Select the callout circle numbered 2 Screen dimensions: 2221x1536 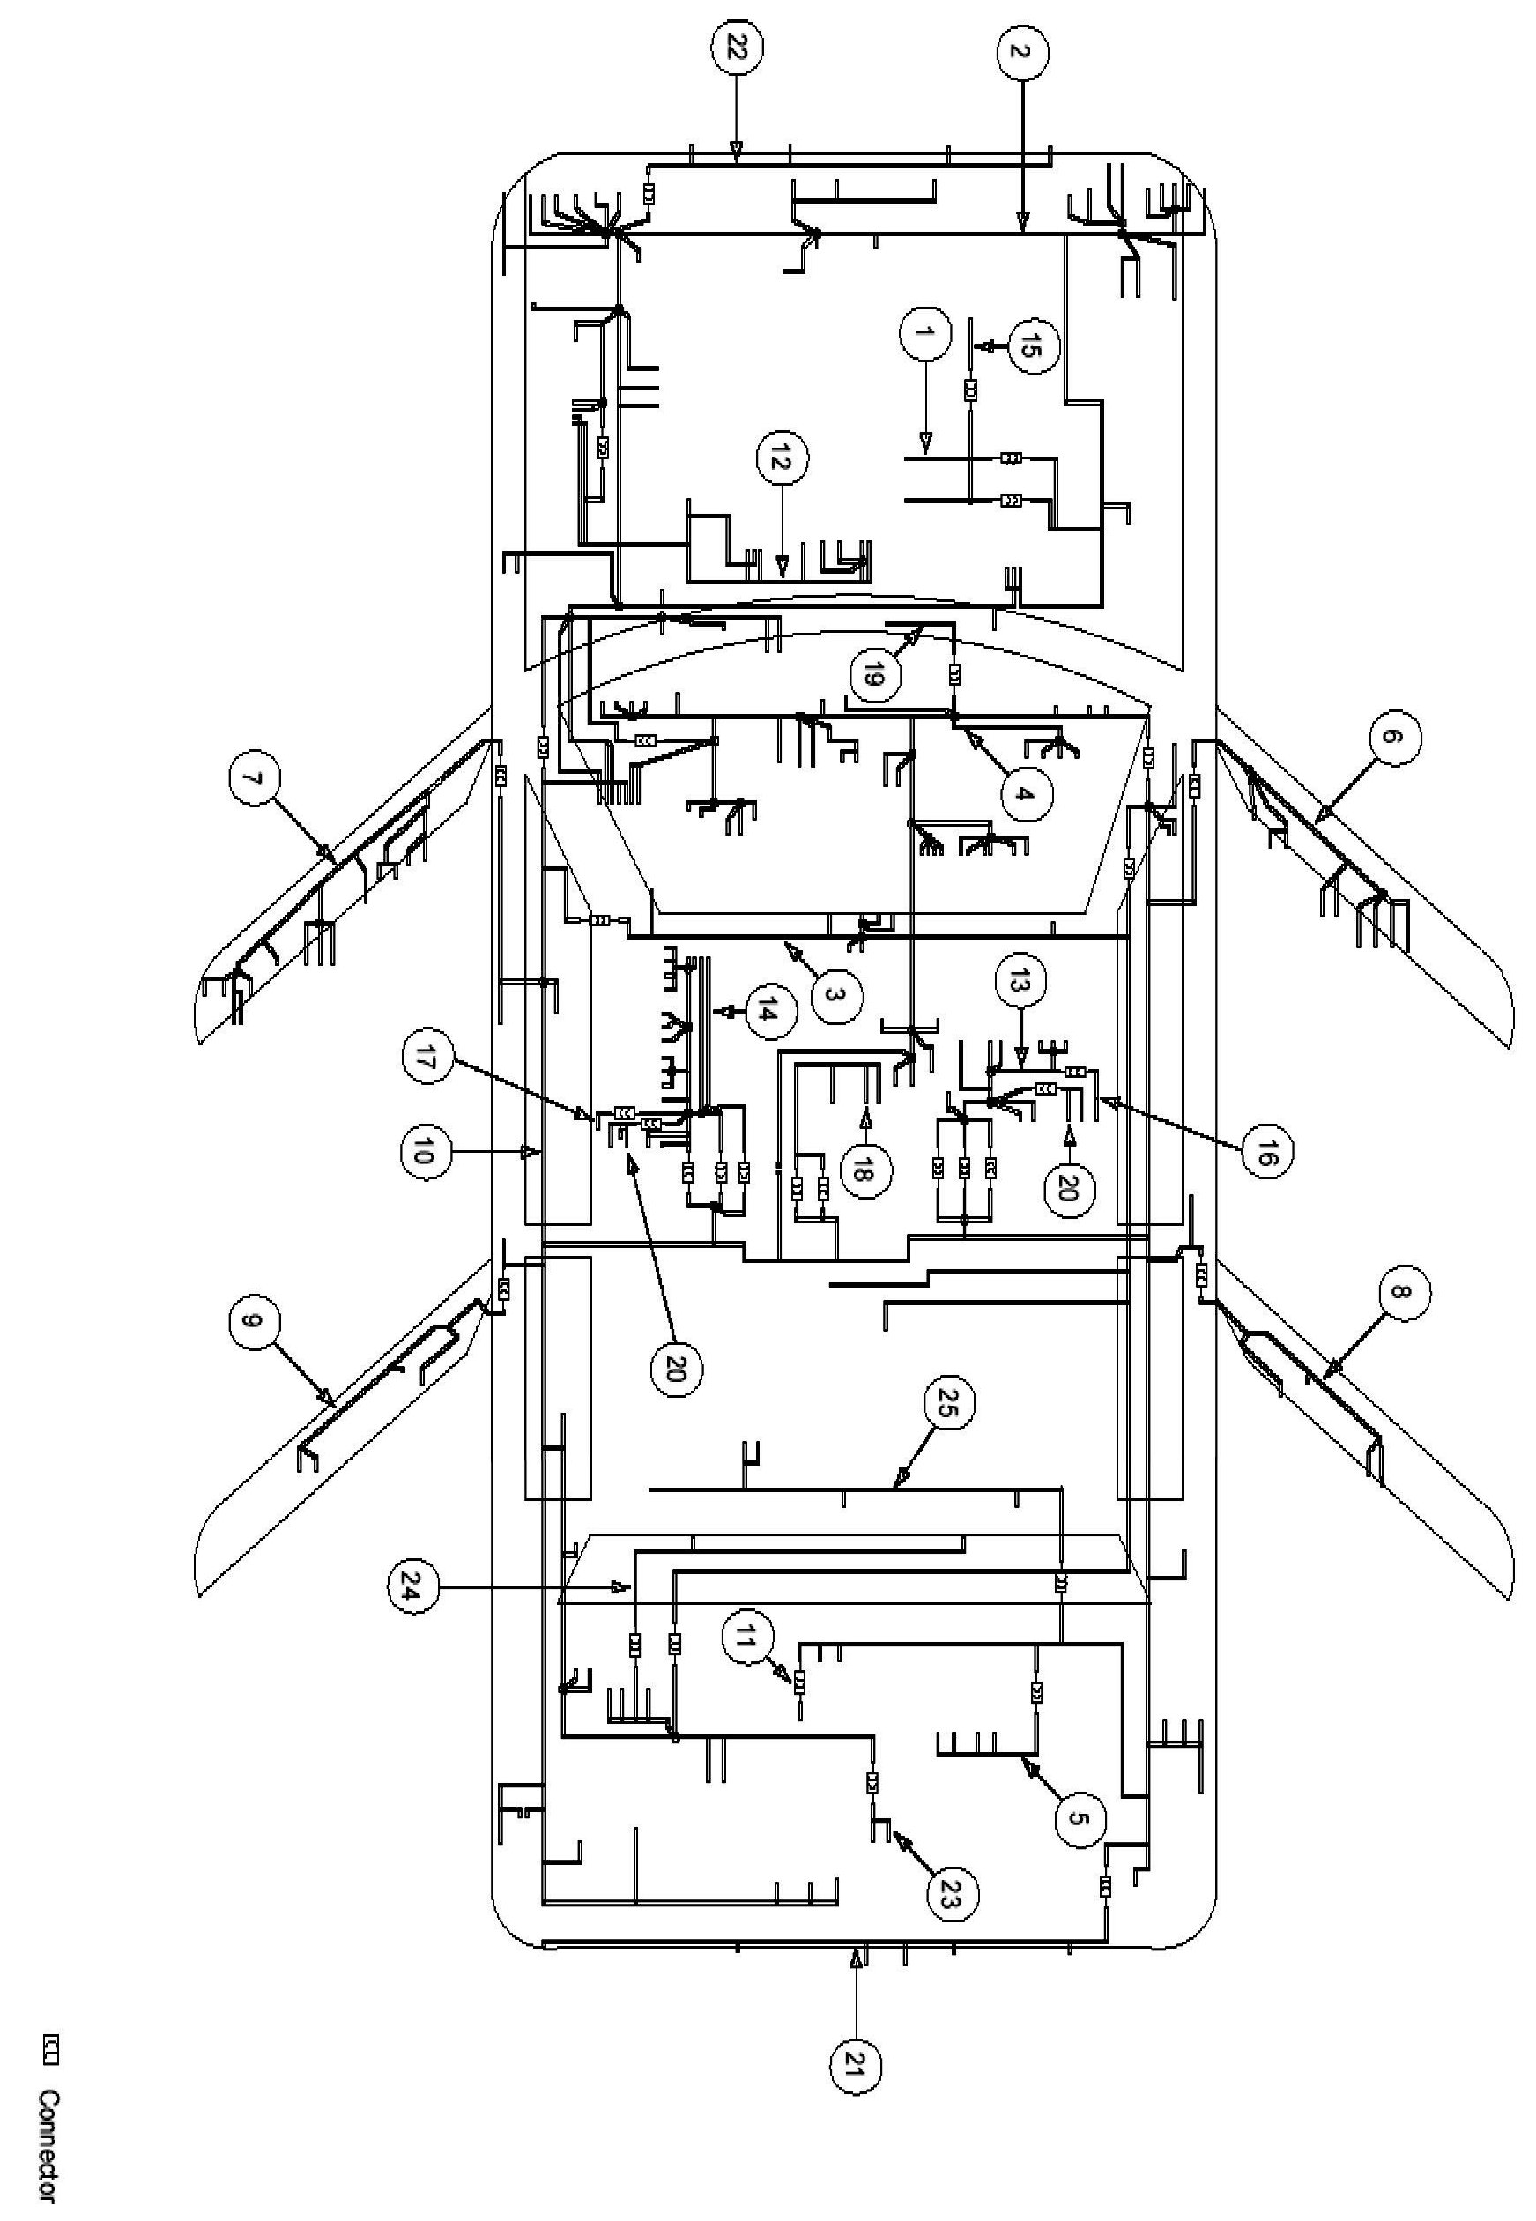point(1022,52)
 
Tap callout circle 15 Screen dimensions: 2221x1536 point(1032,346)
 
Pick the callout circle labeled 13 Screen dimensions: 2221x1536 point(1020,981)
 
